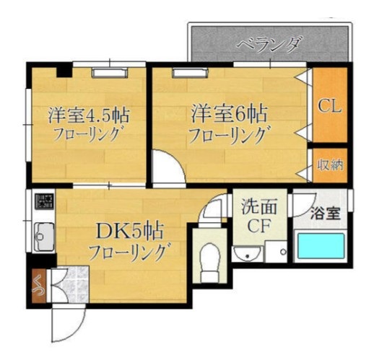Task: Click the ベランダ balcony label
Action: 269,45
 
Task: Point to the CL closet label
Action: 331,106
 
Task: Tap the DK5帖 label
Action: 131,232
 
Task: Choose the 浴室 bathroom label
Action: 324,213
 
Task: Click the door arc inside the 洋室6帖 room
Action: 165,166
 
